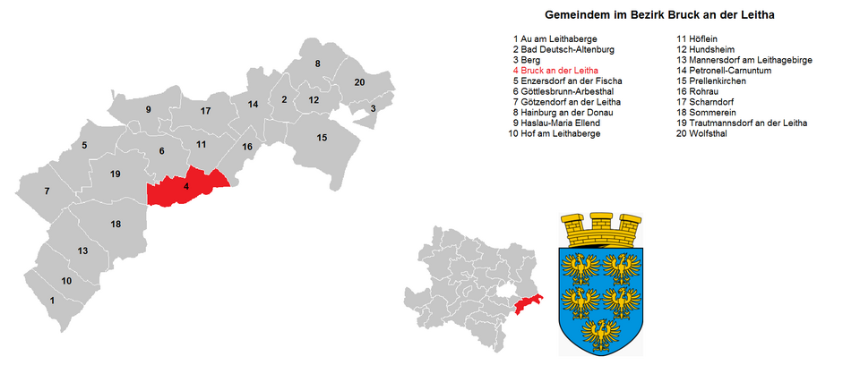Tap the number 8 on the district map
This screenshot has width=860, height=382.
pos(317,64)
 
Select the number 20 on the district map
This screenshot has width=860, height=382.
pos(359,82)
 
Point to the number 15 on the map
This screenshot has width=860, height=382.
pos(322,137)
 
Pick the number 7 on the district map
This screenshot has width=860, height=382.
pos(47,191)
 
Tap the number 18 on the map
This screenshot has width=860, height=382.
pos(116,224)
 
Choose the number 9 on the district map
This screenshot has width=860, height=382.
pos(149,110)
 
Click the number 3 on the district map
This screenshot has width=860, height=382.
pos(373,108)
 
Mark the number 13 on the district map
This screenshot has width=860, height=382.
pos(82,251)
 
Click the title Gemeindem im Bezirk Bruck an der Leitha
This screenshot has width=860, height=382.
pos(659,15)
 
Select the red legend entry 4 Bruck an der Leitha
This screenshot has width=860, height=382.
pos(555,70)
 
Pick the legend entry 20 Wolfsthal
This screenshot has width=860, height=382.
pos(702,133)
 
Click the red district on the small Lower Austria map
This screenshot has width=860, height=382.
pos(529,304)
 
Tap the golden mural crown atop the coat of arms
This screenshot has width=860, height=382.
pos(599,232)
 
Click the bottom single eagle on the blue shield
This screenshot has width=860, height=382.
pos(600,332)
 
